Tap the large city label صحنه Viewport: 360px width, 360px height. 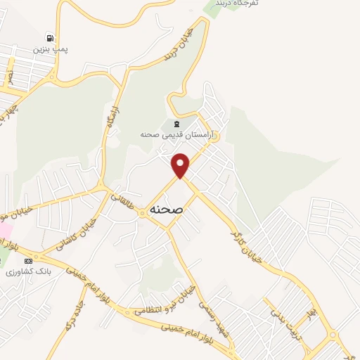point(167,210)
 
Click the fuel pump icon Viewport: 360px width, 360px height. point(49,38)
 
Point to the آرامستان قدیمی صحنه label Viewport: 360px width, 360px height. point(180,134)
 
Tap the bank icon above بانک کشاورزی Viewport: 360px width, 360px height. point(28,261)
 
